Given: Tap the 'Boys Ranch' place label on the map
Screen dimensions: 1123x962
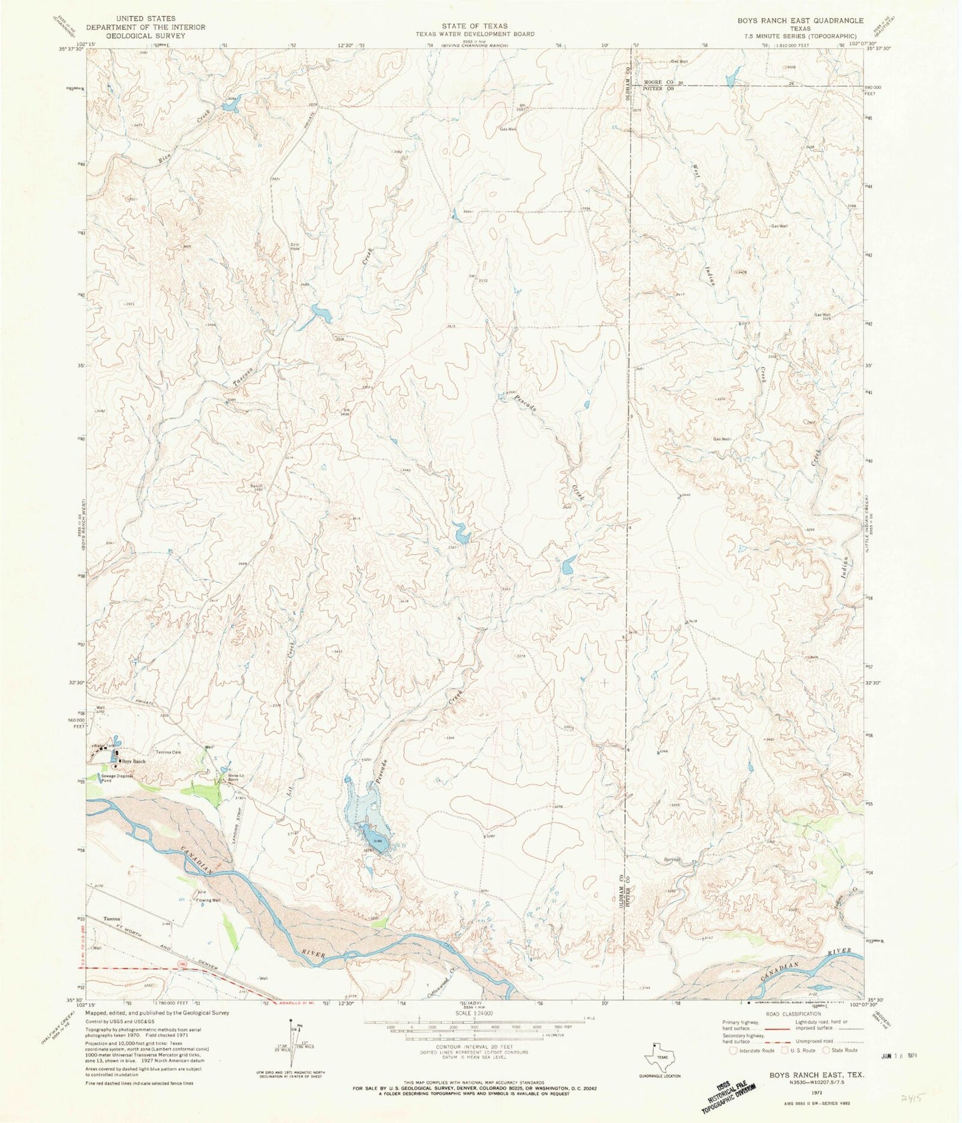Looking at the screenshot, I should [x=132, y=761].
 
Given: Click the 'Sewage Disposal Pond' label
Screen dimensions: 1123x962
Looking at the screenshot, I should [x=117, y=778].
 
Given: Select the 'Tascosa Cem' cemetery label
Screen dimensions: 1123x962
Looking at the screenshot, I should [x=168, y=752].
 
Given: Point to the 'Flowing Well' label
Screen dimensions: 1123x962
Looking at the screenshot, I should [x=207, y=900].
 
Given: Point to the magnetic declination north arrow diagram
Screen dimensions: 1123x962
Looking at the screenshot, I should [x=291, y=1022].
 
